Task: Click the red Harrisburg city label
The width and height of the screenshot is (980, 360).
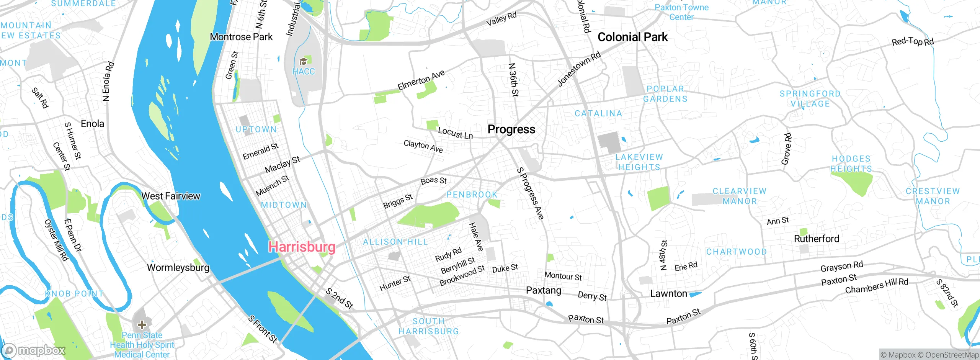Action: click(302, 247)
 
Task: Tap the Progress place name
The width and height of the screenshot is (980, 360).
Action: click(511, 129)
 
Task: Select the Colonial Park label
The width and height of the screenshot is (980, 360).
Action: click(632, 37)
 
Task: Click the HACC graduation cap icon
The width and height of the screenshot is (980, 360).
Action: click(303, 61)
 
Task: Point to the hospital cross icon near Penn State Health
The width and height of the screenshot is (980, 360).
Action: click(142, 325)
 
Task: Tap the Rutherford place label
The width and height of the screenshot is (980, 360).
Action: click(816, 239)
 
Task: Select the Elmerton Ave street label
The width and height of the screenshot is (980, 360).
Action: click(421, 80)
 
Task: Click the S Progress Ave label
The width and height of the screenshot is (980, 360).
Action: click(530, 193)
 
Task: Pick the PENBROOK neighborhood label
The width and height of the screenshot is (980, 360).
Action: click(472, 195)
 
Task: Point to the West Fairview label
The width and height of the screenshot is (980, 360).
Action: click(171, 196)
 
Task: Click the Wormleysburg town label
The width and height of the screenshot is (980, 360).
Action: click(178, 267)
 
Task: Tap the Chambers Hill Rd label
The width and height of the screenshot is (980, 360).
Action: click(877, 286)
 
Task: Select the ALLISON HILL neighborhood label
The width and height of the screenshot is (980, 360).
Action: click(395, 242)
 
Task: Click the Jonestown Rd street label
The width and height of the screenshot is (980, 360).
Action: click(579, 69)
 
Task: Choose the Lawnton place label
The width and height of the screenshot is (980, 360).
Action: click(668, 294)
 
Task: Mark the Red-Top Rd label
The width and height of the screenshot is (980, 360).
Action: click(913, 42)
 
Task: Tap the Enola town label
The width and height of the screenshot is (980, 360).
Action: click(92, 124)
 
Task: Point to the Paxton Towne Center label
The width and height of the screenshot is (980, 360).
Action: click(681, 12)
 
